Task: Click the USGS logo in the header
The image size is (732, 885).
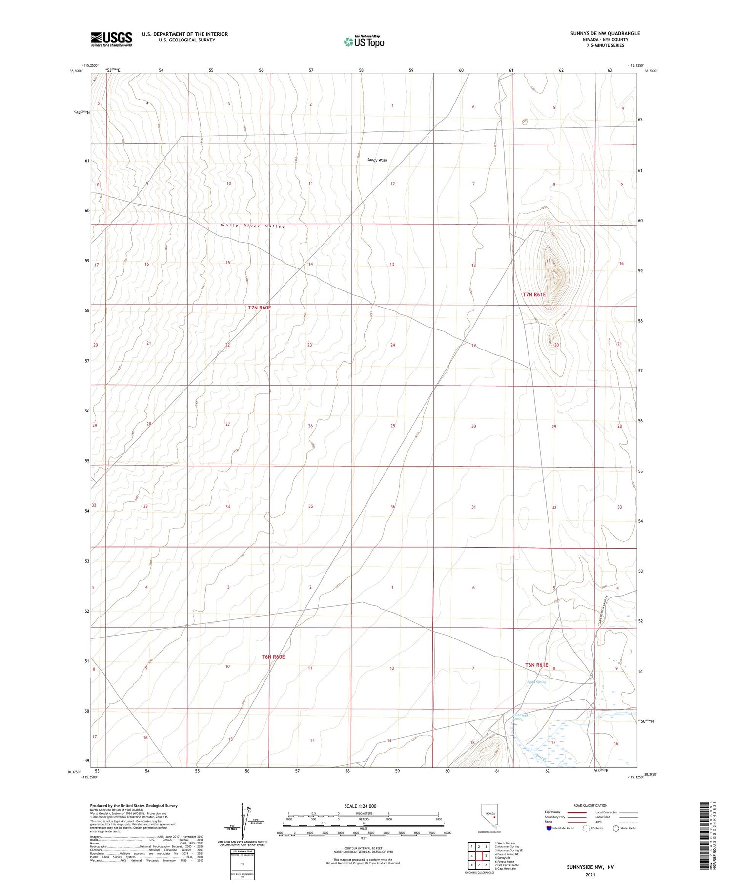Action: [111, 39]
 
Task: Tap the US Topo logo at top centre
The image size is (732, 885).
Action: [364, 42]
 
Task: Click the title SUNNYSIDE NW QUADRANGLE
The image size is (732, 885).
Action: [605, 33]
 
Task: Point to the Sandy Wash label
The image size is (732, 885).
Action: [377, 160]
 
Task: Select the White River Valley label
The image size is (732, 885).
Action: [252, 226]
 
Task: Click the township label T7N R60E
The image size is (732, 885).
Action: [259, 308]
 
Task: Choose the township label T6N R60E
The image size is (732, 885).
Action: [273, 657]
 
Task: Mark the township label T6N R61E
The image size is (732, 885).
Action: [537, 665]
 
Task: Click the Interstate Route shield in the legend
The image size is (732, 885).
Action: [549, 828]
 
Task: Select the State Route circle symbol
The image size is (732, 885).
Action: [616, 828]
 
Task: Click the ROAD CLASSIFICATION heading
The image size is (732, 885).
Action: [590, 805]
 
